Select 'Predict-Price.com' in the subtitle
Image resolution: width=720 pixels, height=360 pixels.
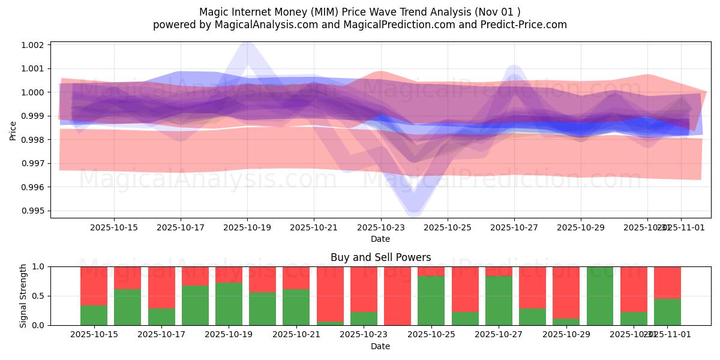coord(526,25)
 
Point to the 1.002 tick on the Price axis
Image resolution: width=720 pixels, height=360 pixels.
coord(34,45)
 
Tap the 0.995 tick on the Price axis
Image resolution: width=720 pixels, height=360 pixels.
coord(34,211)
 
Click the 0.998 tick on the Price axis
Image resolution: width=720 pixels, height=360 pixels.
coord(34,140)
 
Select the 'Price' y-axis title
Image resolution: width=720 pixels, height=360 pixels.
coord(13,130)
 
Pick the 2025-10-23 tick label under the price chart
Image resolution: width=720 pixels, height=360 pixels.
coord(380,228)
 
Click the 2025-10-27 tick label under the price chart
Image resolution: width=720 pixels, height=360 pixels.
coord(514,228)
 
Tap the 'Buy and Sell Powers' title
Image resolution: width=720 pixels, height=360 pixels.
coord(380,257)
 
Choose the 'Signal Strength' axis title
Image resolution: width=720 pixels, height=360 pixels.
coord(23,295)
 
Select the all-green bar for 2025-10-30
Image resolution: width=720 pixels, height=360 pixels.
coord(600,296)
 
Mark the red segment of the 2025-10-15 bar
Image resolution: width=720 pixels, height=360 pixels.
coord(94,286)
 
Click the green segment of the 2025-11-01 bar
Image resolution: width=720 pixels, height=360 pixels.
coord(667,312)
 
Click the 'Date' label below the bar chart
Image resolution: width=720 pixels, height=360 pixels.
coord(380,346)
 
